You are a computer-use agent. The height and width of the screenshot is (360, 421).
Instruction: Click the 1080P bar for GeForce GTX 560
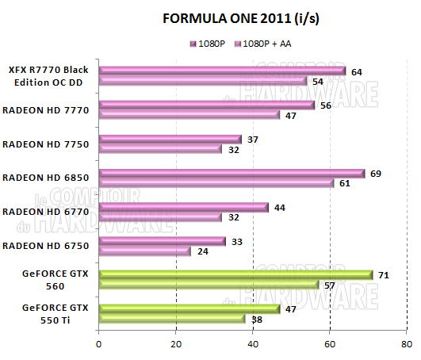click(235, 275)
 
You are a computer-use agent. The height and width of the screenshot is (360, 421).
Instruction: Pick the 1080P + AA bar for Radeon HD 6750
click(144, 251)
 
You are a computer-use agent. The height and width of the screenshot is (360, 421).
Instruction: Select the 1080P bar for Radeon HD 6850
click(232, 173)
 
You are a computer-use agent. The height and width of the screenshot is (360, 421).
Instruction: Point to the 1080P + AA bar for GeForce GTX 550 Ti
click(171, 320)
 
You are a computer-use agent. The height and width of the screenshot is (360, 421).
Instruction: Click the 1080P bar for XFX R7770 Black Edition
click(222, 71)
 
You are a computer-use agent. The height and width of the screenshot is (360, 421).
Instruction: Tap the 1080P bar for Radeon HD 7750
click(170, 140)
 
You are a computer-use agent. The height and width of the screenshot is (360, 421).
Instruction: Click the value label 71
click(384, 274)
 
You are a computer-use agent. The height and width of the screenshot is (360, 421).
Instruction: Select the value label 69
click(376, 172)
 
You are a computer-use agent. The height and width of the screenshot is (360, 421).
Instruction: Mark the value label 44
click(280, 206)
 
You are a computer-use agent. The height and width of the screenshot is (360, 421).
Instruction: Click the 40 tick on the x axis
click(253, 345)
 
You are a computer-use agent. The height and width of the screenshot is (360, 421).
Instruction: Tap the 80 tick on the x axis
click(407, 345)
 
